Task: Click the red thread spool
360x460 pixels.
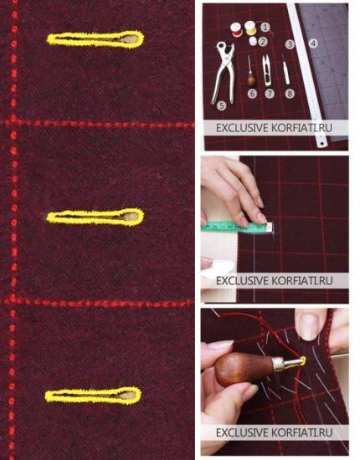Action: coord(236,29)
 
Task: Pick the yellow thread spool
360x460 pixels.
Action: coord(250,28)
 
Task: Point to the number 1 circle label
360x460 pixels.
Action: coord(265,28)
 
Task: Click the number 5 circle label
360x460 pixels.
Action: coord(221,105)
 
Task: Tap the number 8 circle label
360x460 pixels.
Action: coord(290,94)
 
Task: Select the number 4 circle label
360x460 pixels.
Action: coord(313,43)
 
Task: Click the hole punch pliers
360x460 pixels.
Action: coord(223,74)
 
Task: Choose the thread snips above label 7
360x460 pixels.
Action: coord(266,69)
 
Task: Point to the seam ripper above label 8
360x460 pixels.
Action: coord(285,69)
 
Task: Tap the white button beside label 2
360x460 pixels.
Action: coord(253,41)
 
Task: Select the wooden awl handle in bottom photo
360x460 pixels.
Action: coord(244,369)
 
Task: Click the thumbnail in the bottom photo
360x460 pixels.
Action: coord(308,326)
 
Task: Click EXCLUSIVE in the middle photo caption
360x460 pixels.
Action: coord(242,281)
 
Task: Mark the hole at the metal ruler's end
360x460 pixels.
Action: coord(322,144)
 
